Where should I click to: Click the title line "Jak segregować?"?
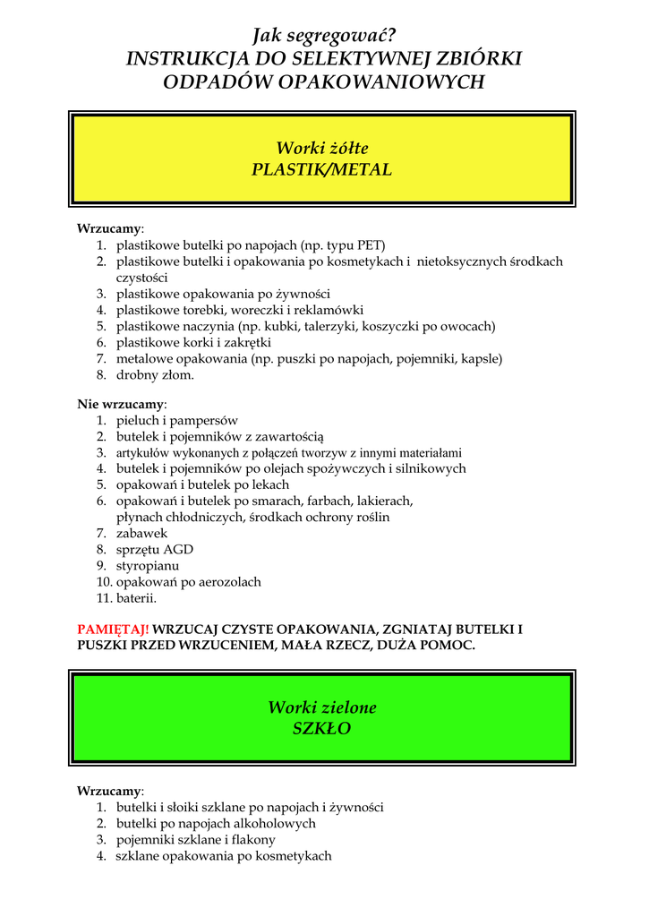click(x=323, y=36)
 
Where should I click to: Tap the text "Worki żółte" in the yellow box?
click(x=322, y=148)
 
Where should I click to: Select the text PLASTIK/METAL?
click(x=322, y=169)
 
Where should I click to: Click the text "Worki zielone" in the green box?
click(x=322, y=707)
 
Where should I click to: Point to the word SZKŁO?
click(x=322, y=729)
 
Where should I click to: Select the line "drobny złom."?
click(x=155, y=374)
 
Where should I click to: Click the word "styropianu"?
click(x=148, y=566)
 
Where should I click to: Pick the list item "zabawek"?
click(x=141, y=534)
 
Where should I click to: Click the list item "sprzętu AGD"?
click(x=155, y=550)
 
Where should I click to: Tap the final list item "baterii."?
click(x=136, y=598)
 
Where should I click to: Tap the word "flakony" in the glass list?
click(x=252, y=840)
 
